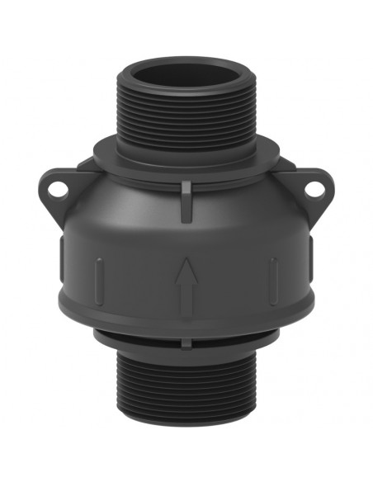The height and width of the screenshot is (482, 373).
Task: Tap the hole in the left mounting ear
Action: tap(57, 188)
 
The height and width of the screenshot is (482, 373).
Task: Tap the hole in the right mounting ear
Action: tap(314, 188)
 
